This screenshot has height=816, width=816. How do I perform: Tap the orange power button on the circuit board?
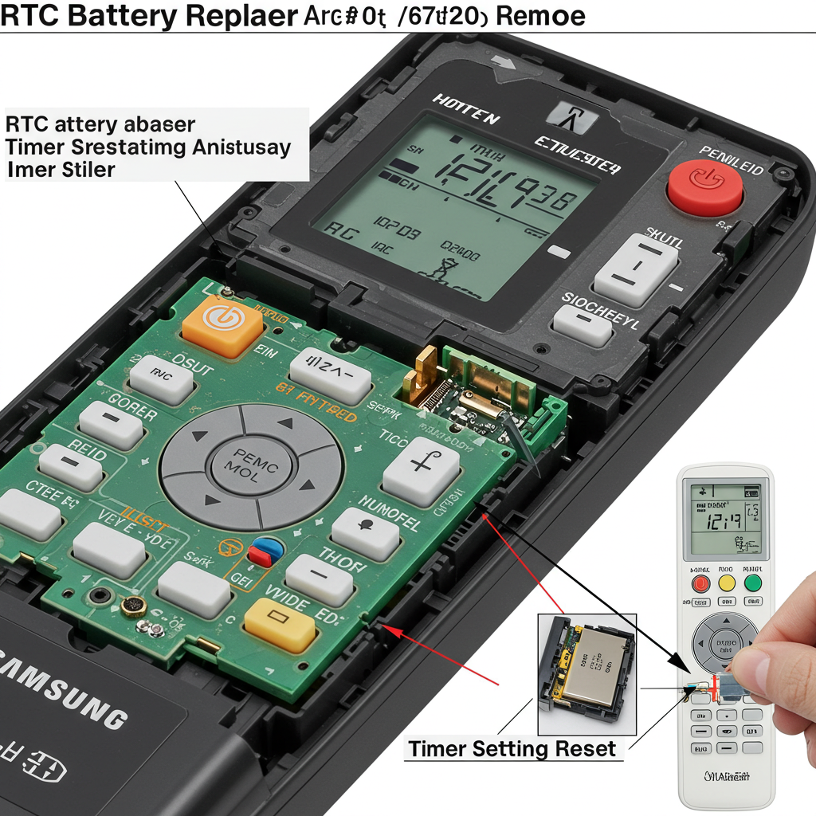222,323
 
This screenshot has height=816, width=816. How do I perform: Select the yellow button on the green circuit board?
280,620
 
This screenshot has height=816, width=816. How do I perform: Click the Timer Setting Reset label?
512,749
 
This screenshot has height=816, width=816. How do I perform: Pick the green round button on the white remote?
752,583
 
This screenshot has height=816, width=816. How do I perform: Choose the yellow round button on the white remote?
727,583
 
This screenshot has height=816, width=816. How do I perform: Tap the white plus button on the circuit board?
421,470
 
